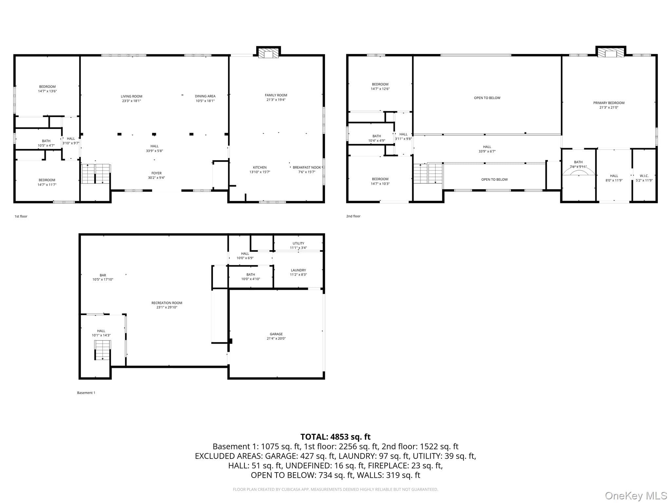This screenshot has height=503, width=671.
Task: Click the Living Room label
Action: click(131, 96)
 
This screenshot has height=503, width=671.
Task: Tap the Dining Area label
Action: click(205, 96)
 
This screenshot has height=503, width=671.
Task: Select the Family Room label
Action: click(276, 95)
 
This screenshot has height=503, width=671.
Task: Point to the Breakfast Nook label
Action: click(307, 167)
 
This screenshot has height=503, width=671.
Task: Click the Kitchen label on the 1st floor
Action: click(260, 167)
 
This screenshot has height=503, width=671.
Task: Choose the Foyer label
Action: click(157, 173)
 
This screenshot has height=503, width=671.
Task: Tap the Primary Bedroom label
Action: click(609, 103)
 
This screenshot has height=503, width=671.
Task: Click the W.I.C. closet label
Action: click(644, 176)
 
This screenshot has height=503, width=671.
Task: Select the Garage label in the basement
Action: click(276, 334)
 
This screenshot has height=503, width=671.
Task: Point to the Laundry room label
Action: click(298, 270)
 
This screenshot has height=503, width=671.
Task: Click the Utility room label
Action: click(298, 243)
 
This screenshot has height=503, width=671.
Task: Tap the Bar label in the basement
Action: click(103, 275)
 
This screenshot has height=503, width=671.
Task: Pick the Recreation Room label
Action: click(167, 303)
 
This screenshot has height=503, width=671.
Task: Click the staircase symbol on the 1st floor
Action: click(96, 174)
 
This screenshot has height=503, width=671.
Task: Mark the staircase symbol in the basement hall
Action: click(103, 350)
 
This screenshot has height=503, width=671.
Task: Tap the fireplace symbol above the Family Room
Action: click(268, 54)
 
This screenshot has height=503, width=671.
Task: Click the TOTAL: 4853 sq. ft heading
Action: click(335, 437)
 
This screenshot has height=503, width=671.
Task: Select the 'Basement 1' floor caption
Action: click(86, 393)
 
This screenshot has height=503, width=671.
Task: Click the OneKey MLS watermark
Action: click(636, 495)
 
